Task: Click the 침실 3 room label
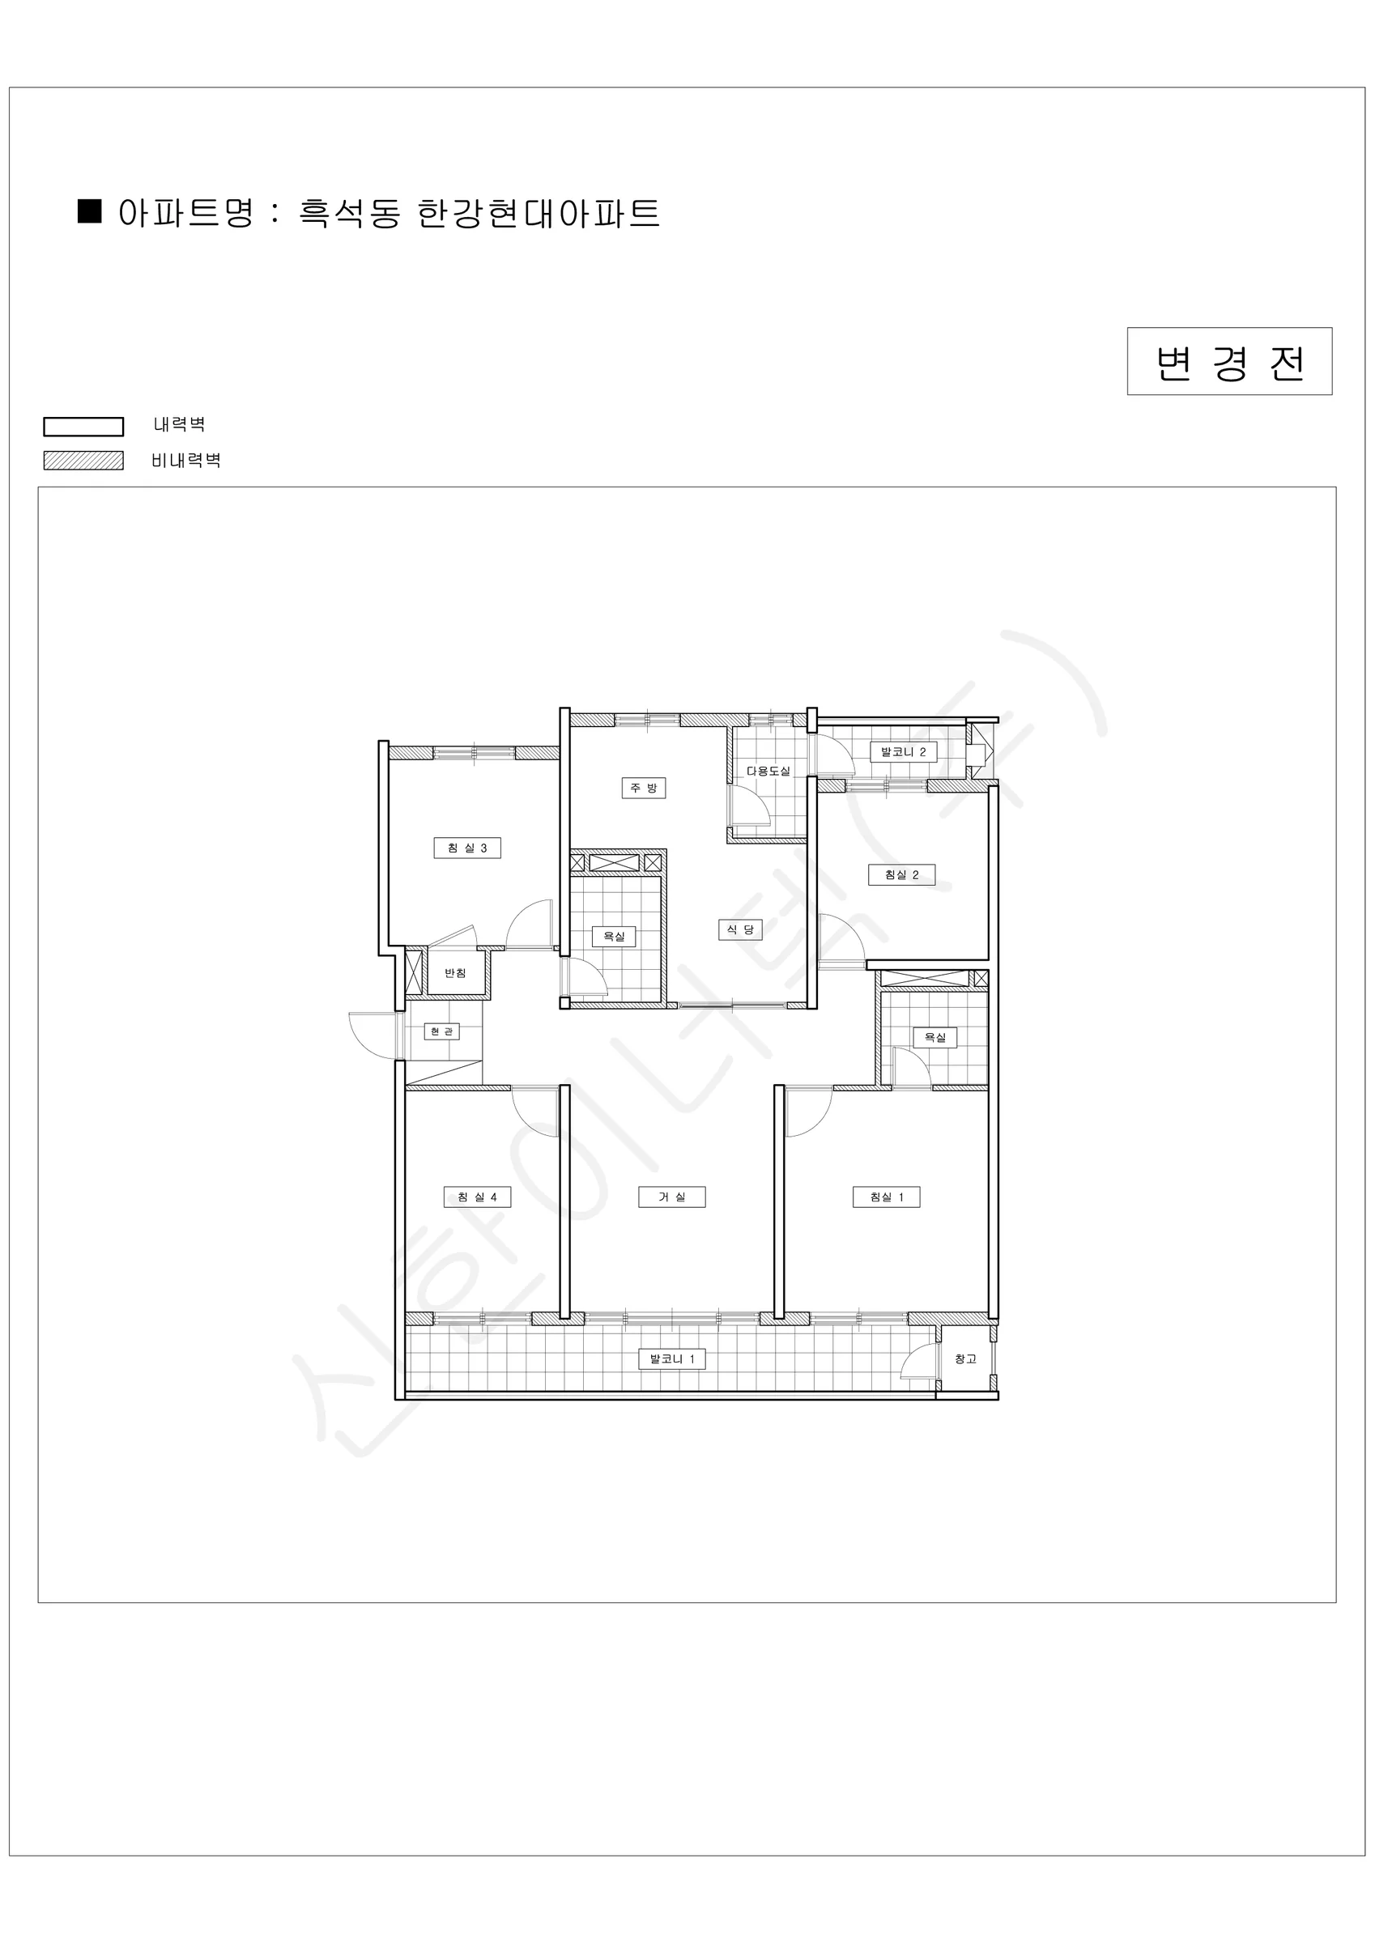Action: click(x=467, y=848)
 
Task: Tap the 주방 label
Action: click(x=644, y=788)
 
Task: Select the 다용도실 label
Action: click(x=768, y=771)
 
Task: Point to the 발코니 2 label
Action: click(x=904, y=751)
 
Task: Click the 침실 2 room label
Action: click(x=902, y=874)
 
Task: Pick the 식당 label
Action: click(x=741, y=929)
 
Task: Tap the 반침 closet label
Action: click(x=456, y=973)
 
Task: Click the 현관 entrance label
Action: click(x=441, y=1031)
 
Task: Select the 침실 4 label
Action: click(x=478, y=1197)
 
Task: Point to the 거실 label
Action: click(x=672, y=1197)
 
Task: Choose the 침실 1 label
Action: click(x=887, y=1197)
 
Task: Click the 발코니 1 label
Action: click(x=672, y=1359)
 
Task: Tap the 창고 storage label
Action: click(x=965, y=1359)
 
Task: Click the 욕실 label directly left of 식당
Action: click(x=614, y=936)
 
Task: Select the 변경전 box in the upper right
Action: click(x=1229, y=361)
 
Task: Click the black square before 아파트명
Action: click(x=90, y=210)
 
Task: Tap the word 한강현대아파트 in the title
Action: click(x=539, y=212)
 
